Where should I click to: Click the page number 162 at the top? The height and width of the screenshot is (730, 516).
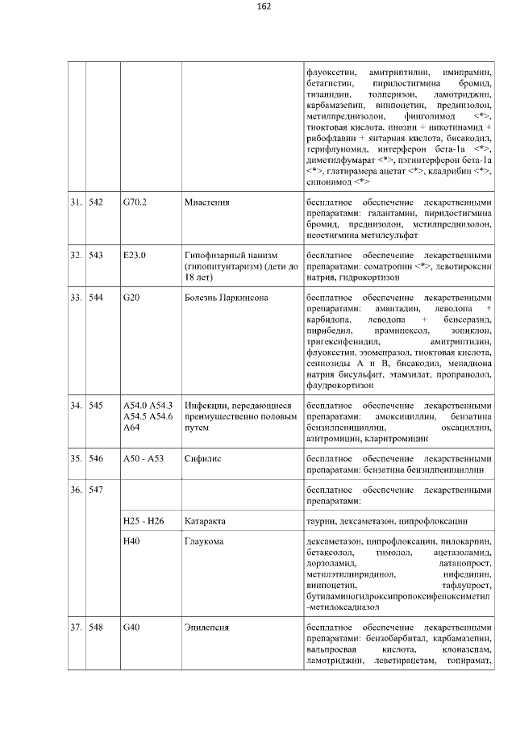(263, 6)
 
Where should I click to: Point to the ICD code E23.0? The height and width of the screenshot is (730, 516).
(134, 255)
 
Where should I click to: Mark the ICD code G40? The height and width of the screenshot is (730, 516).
(131, 627)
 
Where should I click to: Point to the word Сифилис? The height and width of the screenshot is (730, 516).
(203, 457)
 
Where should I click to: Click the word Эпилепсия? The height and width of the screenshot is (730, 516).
(206, 627)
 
